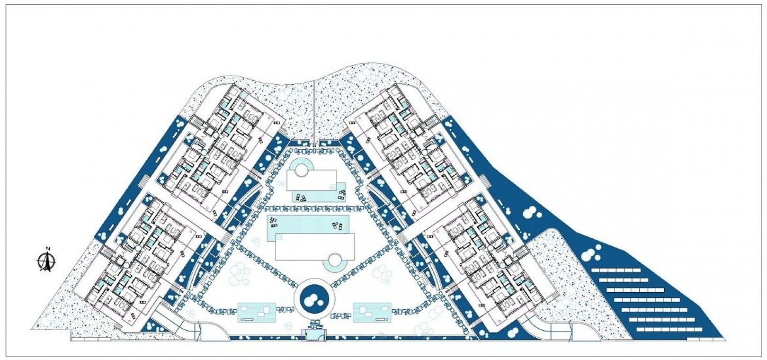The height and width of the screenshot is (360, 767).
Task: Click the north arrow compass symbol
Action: coord(46,262)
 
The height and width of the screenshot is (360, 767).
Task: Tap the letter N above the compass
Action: coord(48,248)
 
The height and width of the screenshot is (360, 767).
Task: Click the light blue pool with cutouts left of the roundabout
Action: coord(257,312)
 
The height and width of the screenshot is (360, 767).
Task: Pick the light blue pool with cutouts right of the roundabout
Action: coord(372,312)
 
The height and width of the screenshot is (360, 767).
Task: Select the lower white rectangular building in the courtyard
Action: coord(315,247)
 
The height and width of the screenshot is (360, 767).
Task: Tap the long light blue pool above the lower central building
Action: coord(308,224)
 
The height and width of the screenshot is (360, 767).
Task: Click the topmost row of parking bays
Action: coord(616,270)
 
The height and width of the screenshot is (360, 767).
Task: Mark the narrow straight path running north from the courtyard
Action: coord(314,113)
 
